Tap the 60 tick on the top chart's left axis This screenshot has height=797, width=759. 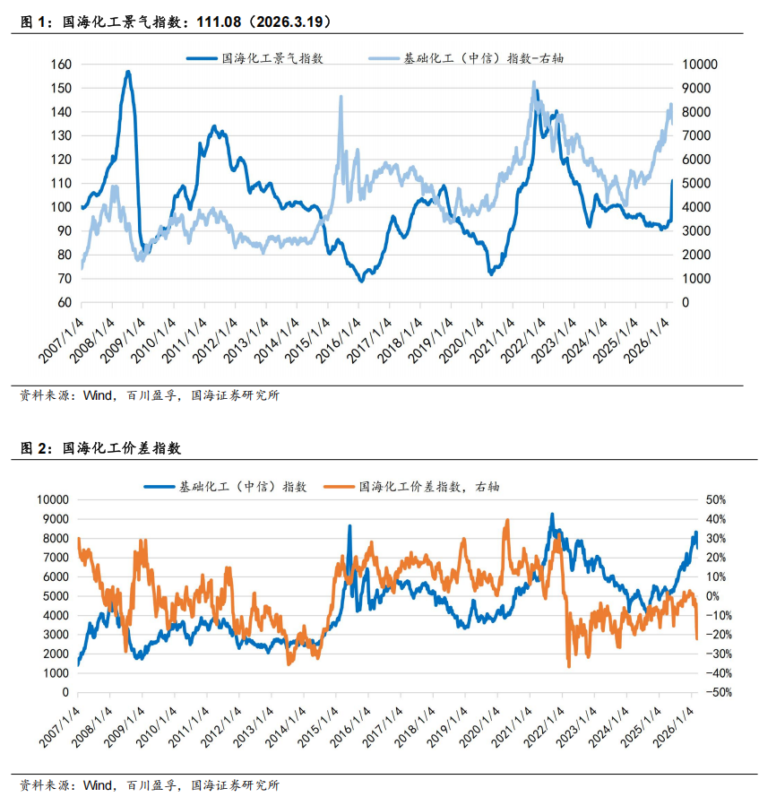click(x=63, y=302)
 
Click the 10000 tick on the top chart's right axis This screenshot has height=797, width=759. click(x=700, y=65)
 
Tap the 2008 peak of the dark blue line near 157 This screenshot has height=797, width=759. click(x=128, y=72)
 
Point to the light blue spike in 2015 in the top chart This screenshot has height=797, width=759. click(x=341, y=96)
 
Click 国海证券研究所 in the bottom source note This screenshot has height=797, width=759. click(x=235, y=785)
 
